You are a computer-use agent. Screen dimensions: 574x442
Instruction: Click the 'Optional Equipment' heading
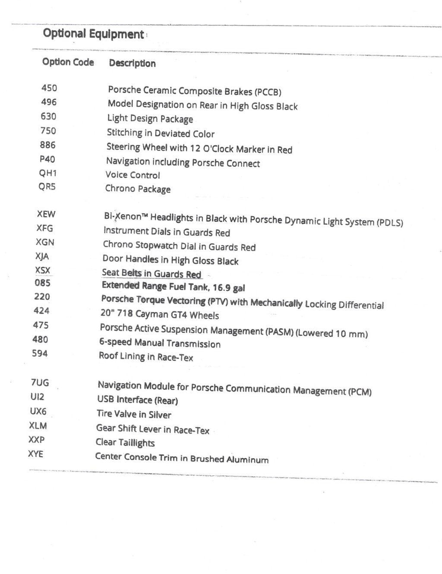point(93,34)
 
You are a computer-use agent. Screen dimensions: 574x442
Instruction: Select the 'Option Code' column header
point(68,62)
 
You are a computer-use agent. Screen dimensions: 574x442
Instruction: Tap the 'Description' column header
point(132,63)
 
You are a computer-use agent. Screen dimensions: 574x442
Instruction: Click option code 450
point(49,88)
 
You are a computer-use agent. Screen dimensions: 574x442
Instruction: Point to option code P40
point(47,159)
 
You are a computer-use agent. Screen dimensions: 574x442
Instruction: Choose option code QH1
point(47,173)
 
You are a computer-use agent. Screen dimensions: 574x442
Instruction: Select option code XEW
point(46,214)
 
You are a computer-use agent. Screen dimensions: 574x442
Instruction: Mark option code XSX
point(43,271)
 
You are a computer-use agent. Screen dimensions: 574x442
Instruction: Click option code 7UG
point(40,382)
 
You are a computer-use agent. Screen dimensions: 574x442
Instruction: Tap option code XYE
point(35,454)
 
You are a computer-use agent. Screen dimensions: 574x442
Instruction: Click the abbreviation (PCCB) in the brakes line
point(268,92)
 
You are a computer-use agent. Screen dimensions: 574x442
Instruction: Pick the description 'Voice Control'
point(133,175)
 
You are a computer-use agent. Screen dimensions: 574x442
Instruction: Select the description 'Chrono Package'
point(138,189)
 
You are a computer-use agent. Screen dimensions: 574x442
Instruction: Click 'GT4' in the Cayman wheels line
point(178,315)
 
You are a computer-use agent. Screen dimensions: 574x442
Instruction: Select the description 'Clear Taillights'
point(125,443)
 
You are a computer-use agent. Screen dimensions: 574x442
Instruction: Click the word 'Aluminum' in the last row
point(247,460)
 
